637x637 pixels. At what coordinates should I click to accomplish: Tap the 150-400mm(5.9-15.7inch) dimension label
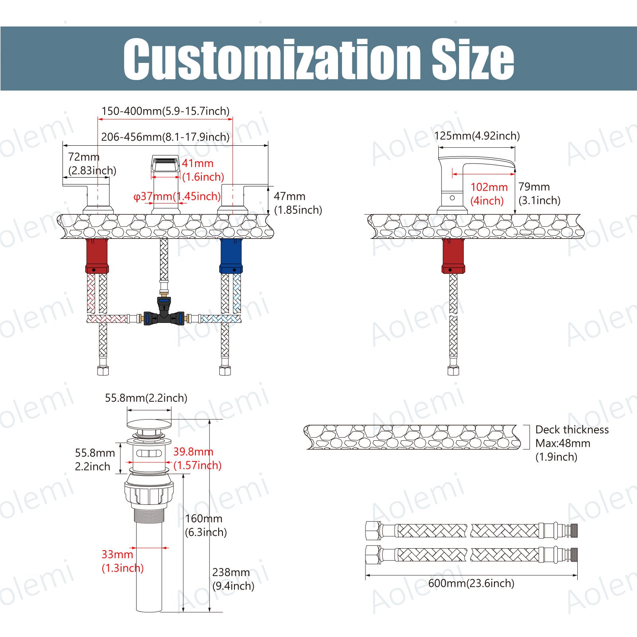tap(165, 111)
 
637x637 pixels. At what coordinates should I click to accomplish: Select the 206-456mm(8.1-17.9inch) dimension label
tap(165, 137)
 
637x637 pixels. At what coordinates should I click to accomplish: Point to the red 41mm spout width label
tap(197, 163)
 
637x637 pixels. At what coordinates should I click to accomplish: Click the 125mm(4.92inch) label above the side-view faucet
tap(477, 136)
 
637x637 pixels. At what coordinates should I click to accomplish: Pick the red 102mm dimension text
tap(489, 187)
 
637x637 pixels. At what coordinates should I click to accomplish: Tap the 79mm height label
tap(534, 187)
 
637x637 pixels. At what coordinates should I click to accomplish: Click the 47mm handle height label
tap(289, 196)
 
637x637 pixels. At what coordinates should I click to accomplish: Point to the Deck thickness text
tap(572, 430)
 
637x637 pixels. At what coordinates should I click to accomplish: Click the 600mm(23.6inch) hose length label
tap(471, 583)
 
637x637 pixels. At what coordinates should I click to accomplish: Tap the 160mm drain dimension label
tap(203, 518)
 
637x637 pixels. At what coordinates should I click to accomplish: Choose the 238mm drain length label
tap(231, 572)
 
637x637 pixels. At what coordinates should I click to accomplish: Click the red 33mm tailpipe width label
tap(117, 554)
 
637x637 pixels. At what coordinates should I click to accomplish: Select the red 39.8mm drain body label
tap(193, 451)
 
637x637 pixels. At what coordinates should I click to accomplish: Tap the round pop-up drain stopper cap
tap(149, 424)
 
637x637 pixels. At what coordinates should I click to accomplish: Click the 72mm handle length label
tap(84, 157)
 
